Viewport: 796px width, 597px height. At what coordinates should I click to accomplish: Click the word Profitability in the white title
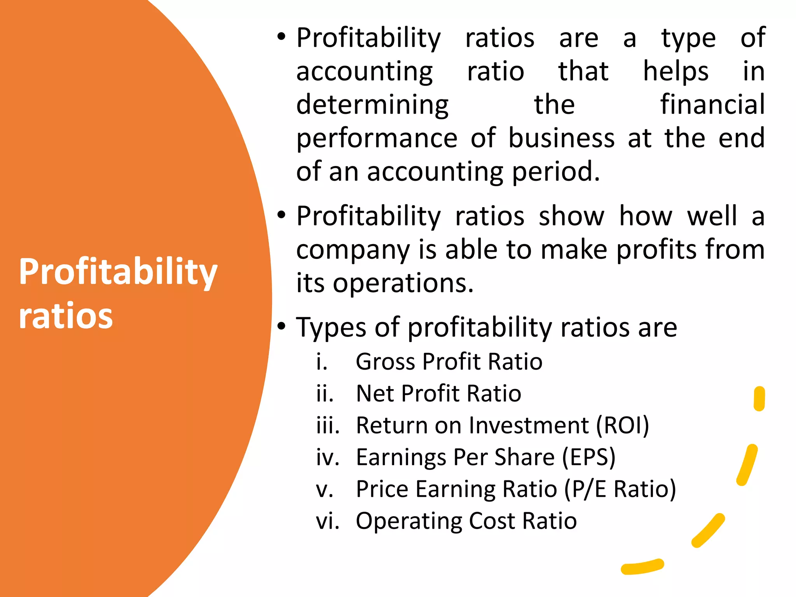[x=118, y=272]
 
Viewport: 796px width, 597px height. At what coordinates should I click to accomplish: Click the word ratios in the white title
[x=66, y=316]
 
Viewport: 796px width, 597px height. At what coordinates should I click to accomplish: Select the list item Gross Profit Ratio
[x=449, y=362]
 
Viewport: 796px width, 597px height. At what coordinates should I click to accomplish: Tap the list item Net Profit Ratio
[x=438, y=394]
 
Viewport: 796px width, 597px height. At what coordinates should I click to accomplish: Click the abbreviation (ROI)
[x=622, y=426]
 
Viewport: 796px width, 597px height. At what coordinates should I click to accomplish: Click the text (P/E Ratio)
[x=620, y=489]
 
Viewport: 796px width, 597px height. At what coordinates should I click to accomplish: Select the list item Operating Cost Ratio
[x=466, y=521]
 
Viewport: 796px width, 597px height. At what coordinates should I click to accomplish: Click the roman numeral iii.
[x=328, y=426]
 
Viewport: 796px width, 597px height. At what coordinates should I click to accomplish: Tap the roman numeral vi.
[x=327, y=521]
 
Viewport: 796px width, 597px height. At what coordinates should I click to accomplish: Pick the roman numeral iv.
[x=327, y=457]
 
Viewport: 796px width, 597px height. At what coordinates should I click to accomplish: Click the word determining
[x=372, y=105]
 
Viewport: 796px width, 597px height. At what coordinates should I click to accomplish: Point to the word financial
[x=712, y=105]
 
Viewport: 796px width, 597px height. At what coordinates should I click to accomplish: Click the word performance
[x=377, y=139]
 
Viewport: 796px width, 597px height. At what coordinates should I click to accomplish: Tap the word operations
[x=403, y=283]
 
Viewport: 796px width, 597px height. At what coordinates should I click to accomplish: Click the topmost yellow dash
[x=759, y=398]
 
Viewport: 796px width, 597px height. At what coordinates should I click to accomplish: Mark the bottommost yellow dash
[x=642, y=567]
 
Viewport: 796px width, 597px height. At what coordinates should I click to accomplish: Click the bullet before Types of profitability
[x=282, y=325]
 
